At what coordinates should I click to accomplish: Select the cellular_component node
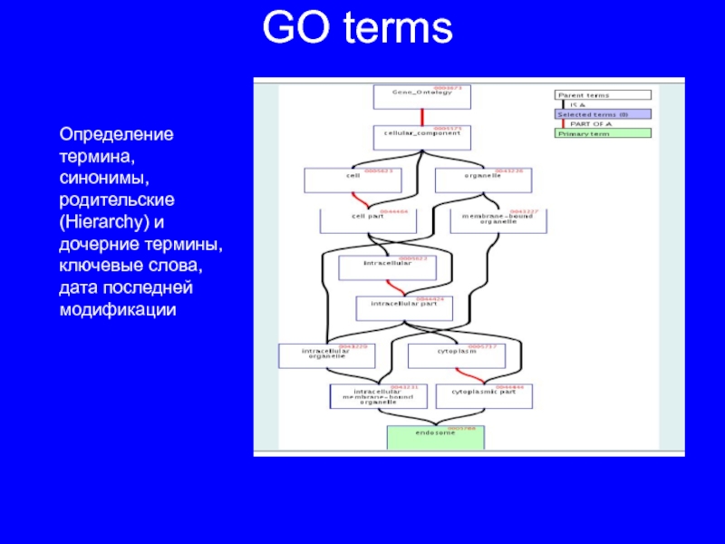[418, 137]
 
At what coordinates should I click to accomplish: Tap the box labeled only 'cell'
[353, 180]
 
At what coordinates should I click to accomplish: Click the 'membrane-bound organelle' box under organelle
[498, 220]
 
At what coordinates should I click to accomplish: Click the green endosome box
[436, 437]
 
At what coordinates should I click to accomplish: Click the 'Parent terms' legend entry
[603, 95]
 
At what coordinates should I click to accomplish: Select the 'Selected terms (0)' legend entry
[603, 114]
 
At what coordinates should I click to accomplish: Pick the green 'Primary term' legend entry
[603, 133]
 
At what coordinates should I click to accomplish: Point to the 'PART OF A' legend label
[591, 124]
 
